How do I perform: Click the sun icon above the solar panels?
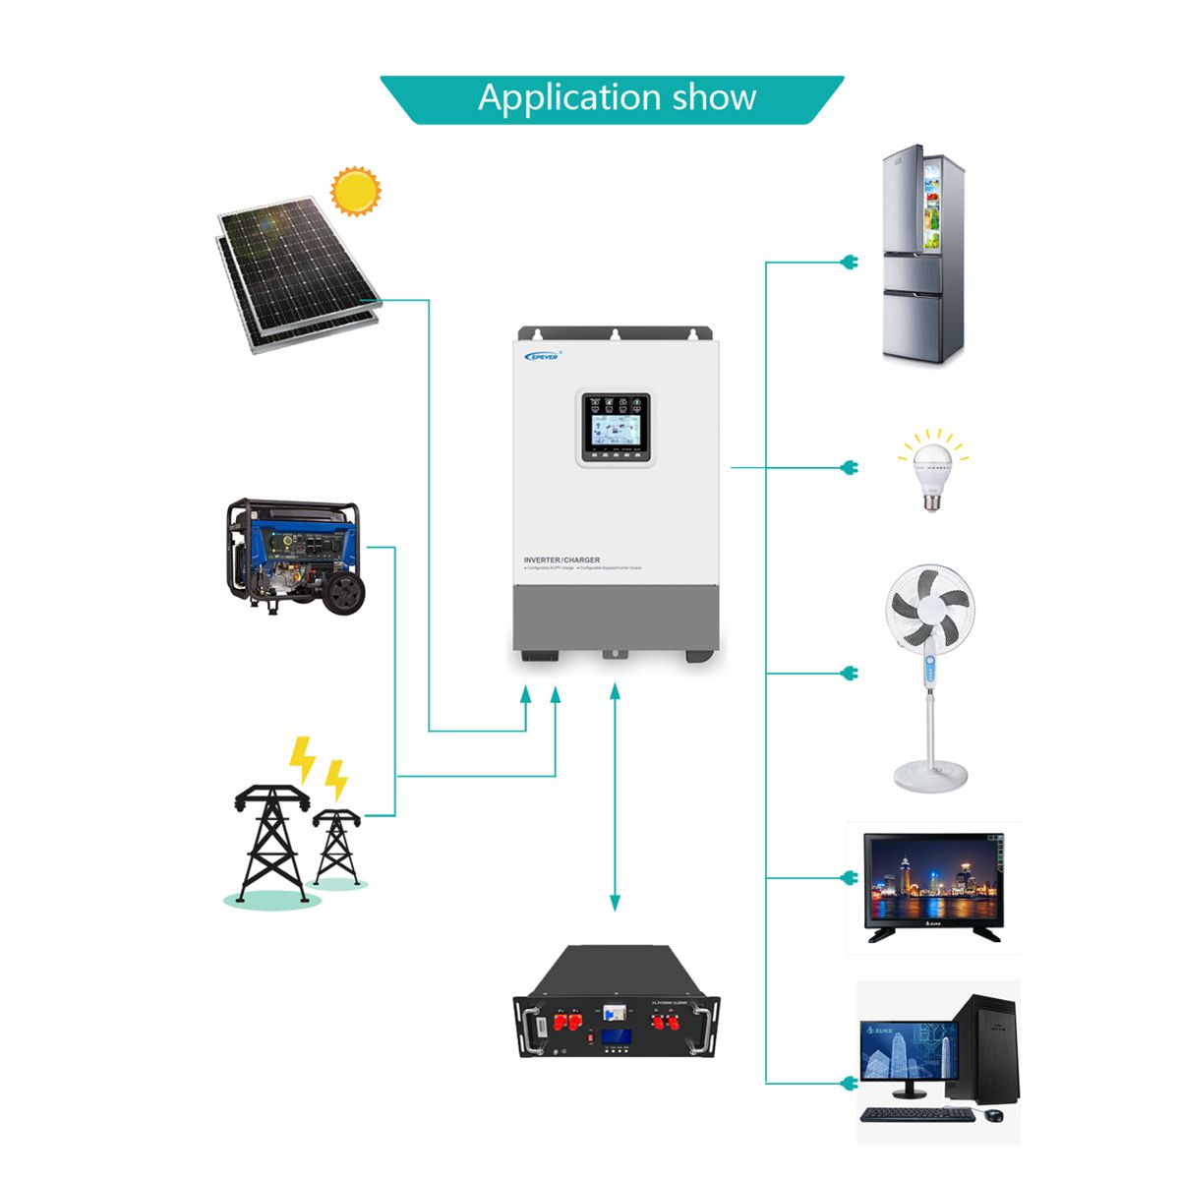pos(354,191)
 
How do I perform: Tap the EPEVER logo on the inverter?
pos(542,356)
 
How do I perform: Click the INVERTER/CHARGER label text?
pos(561,560)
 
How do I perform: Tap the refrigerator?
pos(921,256)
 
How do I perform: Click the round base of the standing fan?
pos(930,774)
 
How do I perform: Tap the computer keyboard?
pos(916,1115)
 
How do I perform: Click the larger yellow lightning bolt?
pos(302,759)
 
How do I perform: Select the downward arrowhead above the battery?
pos(616,902)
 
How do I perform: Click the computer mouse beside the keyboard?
pos(994,1115)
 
